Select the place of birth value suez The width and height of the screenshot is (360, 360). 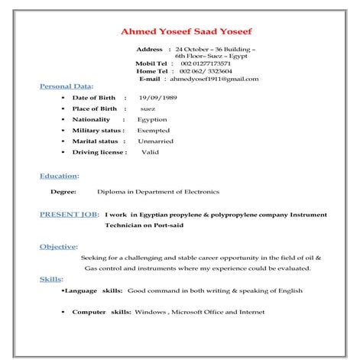tap(148, 109)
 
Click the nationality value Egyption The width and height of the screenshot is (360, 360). tap(152, 120)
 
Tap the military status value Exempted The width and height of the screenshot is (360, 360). tap(154, 131)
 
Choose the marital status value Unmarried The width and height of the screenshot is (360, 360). tap(155, 141)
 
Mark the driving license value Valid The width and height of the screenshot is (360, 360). tap(150, 152)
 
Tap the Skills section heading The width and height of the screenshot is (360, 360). tap(51, 280)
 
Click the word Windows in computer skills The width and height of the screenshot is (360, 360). tap(151, 312)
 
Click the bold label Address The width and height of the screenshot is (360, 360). tap(149, 49)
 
